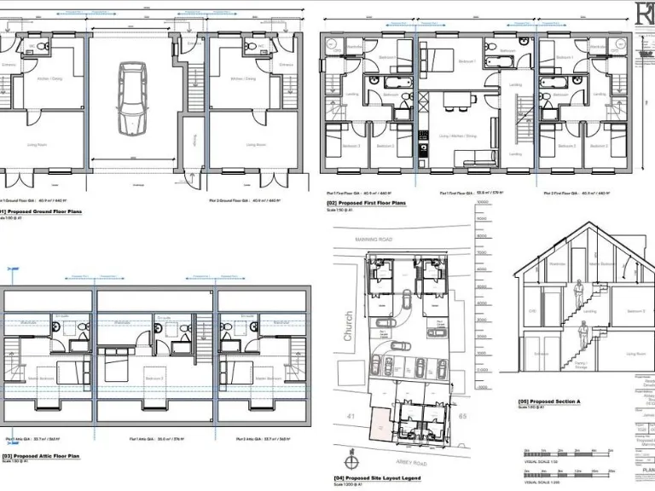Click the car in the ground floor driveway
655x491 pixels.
point(132,98)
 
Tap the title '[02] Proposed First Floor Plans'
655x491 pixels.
point(367,204)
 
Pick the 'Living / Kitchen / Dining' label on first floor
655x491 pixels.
point(456,135)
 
